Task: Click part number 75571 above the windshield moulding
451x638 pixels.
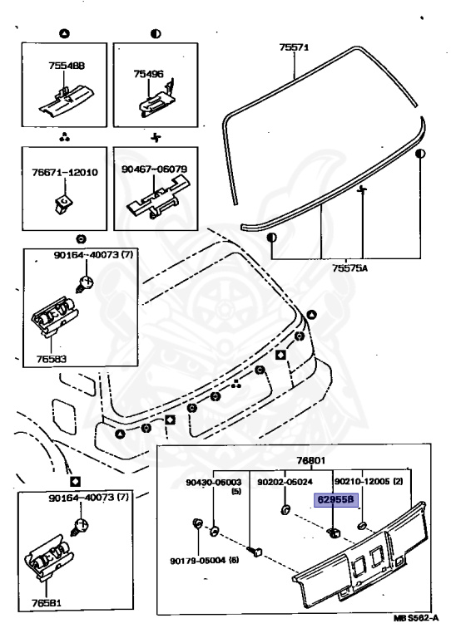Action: tap(294, 48)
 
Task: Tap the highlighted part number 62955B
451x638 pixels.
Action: tap(335, 501)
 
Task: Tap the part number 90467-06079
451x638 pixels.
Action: tap(159, 169)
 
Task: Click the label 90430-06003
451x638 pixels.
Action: tap(215, 481)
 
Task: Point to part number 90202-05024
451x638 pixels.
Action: tap(285, 481)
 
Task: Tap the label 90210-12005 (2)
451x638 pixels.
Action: tap(367, 481)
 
